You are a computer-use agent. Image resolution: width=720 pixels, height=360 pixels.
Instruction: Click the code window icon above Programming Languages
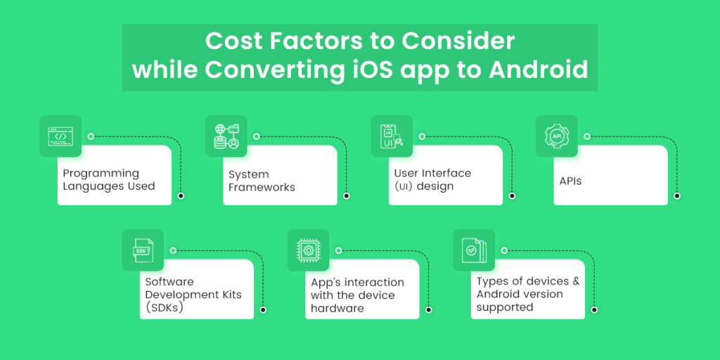[x=60, y=136]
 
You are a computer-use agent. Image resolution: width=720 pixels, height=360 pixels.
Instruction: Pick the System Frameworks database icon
[x=226, y=136]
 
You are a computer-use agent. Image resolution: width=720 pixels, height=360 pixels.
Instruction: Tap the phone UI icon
[x=392, y=136]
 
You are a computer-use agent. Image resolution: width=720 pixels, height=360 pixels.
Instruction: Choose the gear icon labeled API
[x=557, y=136]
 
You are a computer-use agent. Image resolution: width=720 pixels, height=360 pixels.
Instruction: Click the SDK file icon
[x=143, y=251]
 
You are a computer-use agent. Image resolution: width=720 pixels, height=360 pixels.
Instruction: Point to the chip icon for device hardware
[x=309, y=250]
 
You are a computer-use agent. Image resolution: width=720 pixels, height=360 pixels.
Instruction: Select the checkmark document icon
[x=475, y=250]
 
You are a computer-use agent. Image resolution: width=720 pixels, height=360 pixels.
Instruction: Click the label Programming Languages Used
[x=109, y=180]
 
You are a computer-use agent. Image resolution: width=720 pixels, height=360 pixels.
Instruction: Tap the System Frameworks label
[x=262, y=181]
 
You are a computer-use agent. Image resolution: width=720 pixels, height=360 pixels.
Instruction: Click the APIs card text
[x=570, y=181]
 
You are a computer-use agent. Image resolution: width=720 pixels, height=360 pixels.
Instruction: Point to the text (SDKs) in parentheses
[x=165, y=308]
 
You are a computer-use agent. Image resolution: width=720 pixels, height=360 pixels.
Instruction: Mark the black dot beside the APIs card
[x=677, y=195]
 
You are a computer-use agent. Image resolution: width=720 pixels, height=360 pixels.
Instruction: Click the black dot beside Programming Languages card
[x=181, y=195]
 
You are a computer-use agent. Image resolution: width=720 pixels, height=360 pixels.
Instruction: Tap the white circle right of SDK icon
[x=173, y=251]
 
